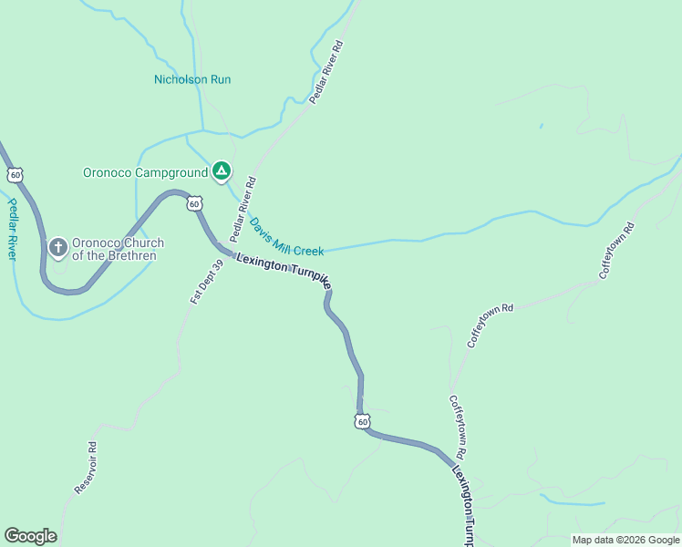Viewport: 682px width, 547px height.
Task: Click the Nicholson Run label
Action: pyautogui.click(x=192, y=79)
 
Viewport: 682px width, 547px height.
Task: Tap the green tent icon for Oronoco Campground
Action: pyautogui.click(x=221, y=170)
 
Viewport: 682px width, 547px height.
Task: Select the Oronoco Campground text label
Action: pyautogui.click(x=146, y=171)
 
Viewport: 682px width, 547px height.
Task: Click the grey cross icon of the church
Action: pyautogui.click(x=57, y=247)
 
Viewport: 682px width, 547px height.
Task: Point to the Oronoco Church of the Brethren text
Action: pyautogui.click(x=118, y=249)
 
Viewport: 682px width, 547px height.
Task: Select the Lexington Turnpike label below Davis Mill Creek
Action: pyautogui.click(x=283, y=272)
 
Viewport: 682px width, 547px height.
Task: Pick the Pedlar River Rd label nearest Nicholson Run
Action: pyautogui.click(x=325, y=70)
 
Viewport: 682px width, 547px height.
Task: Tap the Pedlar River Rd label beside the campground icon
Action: pyautogui.click(x=243, y=210)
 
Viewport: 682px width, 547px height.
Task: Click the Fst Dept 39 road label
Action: pyautogui.click(x=206, y=282)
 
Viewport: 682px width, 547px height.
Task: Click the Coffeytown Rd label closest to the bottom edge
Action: pyautogui.click(x=457, y=426)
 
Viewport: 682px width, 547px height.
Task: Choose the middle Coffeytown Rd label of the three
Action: pyautogui.click(x=491, y=325)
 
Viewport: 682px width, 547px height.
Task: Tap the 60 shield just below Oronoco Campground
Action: pyautogui.click(x=194, y=203)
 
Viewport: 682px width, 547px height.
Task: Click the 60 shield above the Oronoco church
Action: pyautogui.click(x=15, y=173)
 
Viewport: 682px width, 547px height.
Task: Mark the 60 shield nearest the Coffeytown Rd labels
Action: pyautogui.click(x=362, y=421)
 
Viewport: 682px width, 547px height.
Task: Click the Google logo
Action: pyautogui.click(x=30, y=536)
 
